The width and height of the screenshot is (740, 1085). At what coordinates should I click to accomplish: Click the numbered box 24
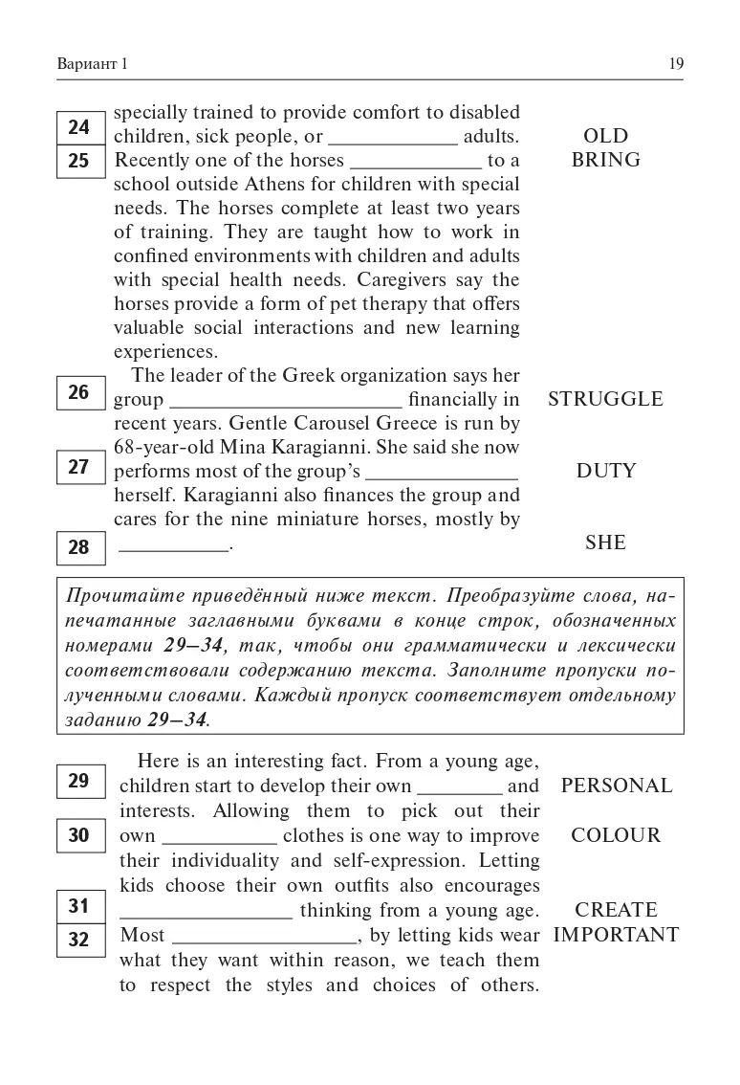[79, 127]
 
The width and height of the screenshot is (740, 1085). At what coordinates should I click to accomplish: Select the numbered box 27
[79, 467]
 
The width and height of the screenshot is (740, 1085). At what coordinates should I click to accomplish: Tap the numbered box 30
[79, 835]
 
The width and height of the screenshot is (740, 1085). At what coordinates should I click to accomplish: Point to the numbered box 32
[79, 940]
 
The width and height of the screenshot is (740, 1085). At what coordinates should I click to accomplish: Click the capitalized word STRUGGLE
[605, 399]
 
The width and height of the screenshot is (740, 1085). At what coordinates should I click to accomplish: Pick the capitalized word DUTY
[605, 471]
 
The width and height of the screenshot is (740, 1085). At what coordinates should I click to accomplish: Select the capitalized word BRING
[605, 160]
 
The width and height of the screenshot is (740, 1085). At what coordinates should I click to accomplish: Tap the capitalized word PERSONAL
[617, 786]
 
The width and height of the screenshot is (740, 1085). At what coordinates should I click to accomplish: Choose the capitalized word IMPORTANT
[617, 935]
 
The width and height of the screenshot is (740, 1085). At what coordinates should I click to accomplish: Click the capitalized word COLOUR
[616, 835]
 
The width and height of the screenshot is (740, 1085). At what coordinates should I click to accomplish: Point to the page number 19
[675, 64]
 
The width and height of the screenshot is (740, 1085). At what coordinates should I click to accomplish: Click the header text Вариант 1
[92, 64]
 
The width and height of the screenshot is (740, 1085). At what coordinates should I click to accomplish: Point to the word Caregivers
[406, 279]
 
